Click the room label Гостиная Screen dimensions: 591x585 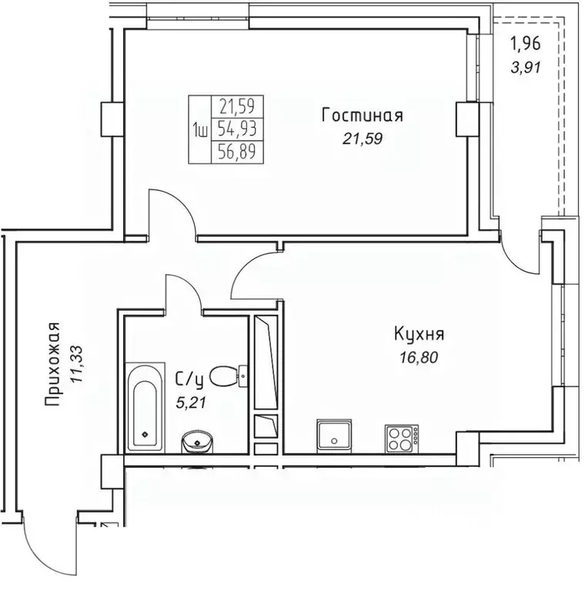(x=362, y=116)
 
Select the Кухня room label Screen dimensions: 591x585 (x=419, y=335)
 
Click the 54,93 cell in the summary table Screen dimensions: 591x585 (x=236, y=127)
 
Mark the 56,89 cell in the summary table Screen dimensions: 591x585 (x=236, y=151)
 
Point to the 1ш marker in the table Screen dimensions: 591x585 (x=199, y=129)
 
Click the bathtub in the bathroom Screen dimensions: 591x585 (x=145, y=406)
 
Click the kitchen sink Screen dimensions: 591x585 (x=335, y=436)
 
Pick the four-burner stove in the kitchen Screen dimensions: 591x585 (x=401, y=438)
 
